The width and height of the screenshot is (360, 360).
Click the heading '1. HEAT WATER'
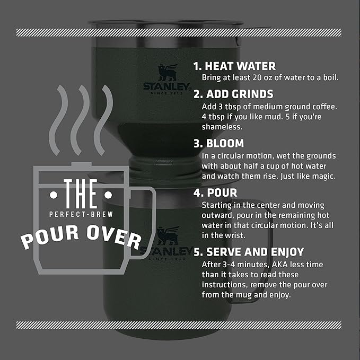(x=234, y=66)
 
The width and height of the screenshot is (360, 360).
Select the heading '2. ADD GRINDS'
(x=233, y=94)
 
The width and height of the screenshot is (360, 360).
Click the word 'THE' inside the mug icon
(x=80, y=194)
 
